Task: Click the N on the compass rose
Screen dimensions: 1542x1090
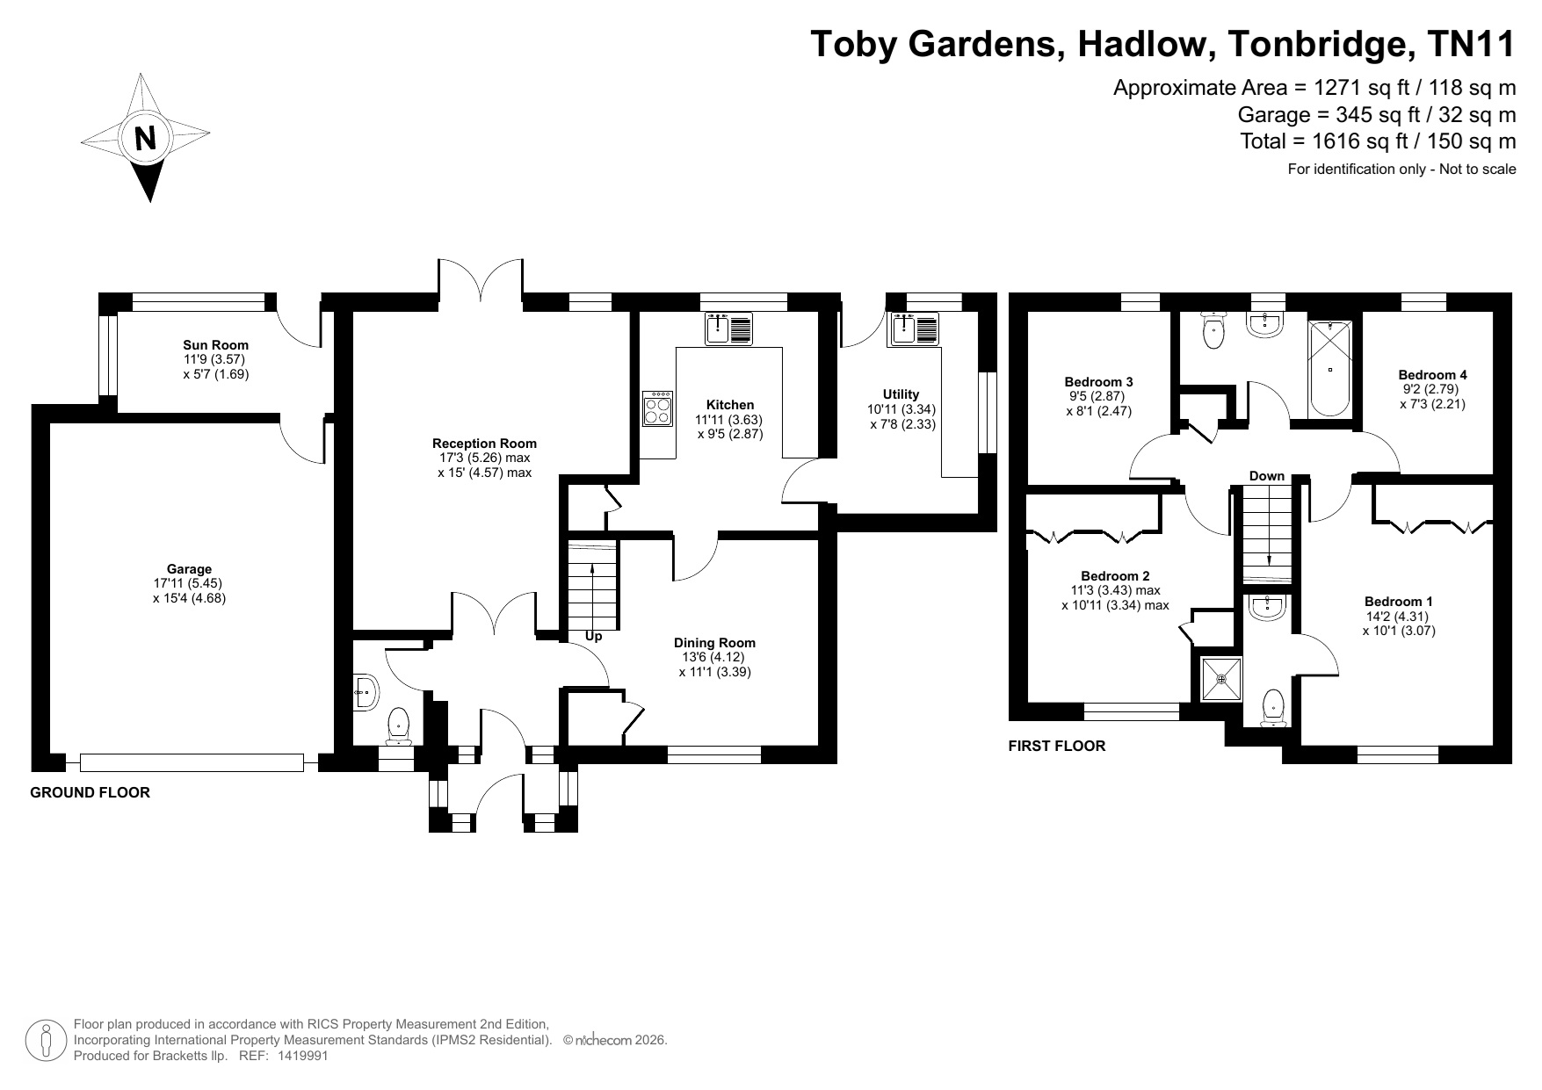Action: pyautogui.click(x=145, y=138)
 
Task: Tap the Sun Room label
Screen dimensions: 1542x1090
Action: pyautogui.click(x=215, y=345)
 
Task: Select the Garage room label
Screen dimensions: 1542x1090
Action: pyautogui.click(x=190, y=569)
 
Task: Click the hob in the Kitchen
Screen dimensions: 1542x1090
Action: pyautogui.click(x=658, y=408)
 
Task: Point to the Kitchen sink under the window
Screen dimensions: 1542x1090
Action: pyautogui.click(x=728, y=328)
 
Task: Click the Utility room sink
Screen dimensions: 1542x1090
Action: pyautogui.click(x=915, y=329)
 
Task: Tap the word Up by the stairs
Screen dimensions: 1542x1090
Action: pyautogui.click(x=594, y=637)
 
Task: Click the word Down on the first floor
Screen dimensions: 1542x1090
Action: pyautogui.click(x=1266, y=476)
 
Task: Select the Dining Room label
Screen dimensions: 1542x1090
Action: pyautogui.click(x=714, y=643)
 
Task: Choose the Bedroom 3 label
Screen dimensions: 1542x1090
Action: pyautogui.click(x=1098, y=382)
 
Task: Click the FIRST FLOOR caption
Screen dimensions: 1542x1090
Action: pyautogui.click(x=1056, y=747)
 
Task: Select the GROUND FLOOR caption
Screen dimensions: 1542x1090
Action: pyautogui.click(x=90, y=793)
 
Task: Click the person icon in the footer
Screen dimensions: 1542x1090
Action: pyautogui.click(x=47, y=1040)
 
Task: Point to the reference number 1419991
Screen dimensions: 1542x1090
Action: pyautogui.click(x=302, y=1057)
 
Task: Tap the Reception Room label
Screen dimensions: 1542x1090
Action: pyautogui.click(x=484, y=444)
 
